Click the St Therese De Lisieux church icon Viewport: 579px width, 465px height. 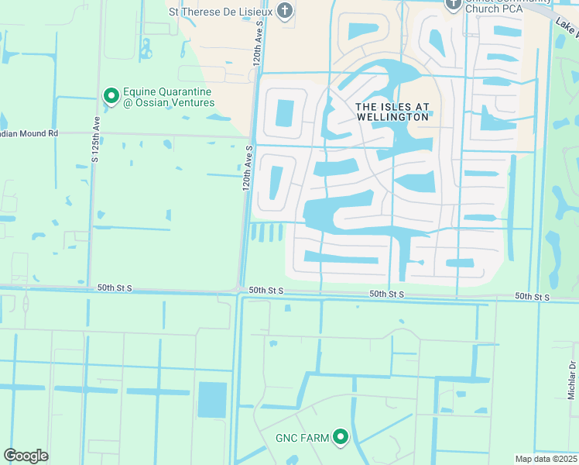click(x=286, y=11)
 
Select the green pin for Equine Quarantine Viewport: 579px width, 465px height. click(x=111, y=96)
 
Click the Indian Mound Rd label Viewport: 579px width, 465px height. click(x=29, y=133)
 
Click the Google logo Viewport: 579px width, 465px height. click(x=26, y=456)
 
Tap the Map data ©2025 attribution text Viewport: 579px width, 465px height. click(x=546, y=459)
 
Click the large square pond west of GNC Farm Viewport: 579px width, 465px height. click(x=212, y=400)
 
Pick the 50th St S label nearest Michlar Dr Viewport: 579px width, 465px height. click(x=533, y=297)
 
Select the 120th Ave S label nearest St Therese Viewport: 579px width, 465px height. click(x=258, y=46)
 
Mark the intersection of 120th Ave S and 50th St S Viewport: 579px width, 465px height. click(x=240, y=291)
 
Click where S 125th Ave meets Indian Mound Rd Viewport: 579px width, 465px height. click(x=91, y=133)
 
